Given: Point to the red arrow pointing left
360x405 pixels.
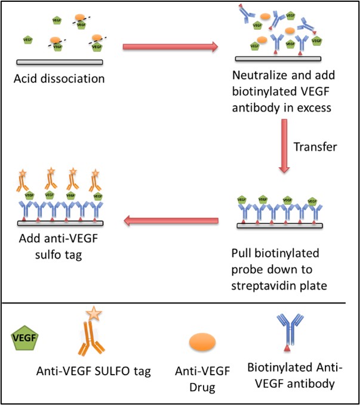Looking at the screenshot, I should point(172,222).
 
